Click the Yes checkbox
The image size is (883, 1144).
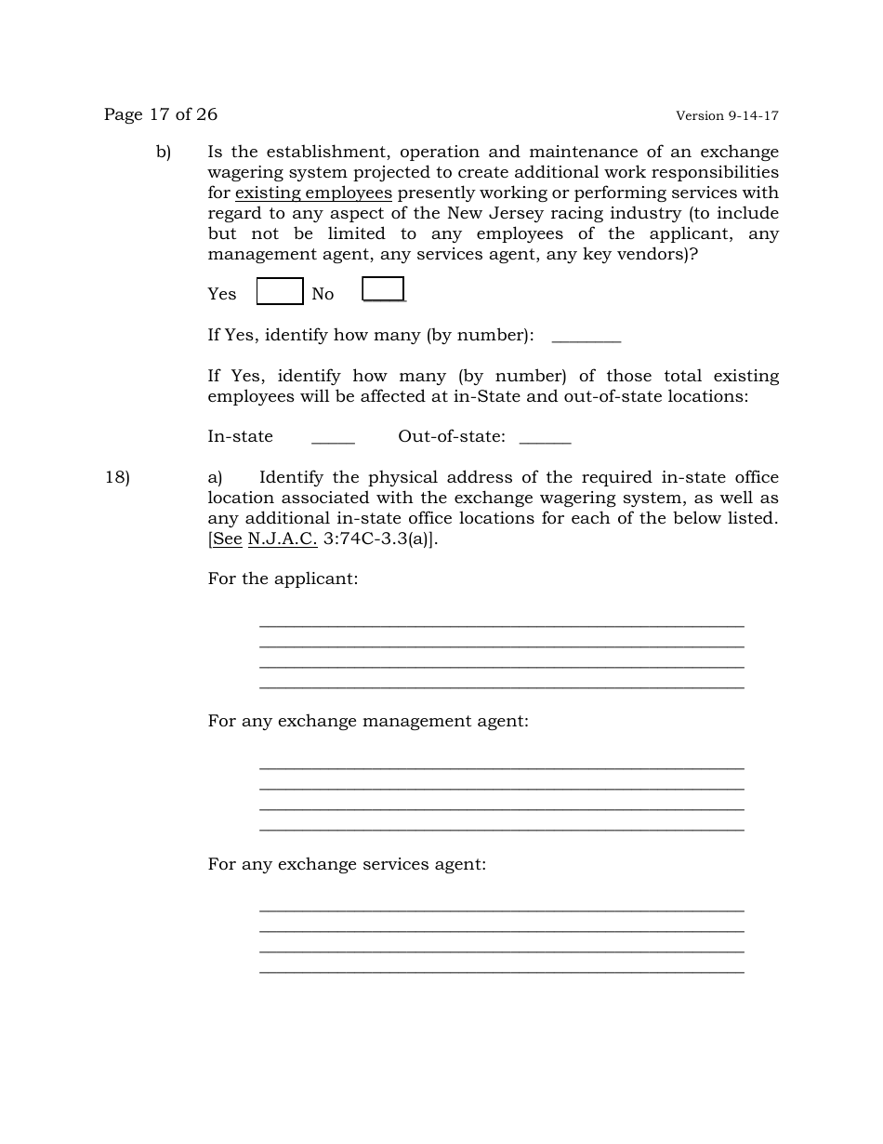click(x=280, y=291)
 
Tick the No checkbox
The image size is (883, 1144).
click(x=383, y=289)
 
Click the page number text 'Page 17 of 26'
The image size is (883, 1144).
click(x=161, y=114)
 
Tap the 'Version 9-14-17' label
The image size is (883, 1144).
click(x=727, y=116)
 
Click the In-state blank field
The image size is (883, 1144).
click(x=333, y=438)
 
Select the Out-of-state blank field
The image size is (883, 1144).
click(x=545, y=438)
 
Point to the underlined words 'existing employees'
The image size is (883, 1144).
click(x=313, y=193)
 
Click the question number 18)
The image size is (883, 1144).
click(x=117, y=477)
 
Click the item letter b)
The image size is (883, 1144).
click(x=164, y=152)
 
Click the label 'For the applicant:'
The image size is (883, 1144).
click(x=283, y=579)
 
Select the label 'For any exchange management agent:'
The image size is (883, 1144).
click(x=368, y=721)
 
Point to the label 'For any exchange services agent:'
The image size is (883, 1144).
click(x=347, y=864)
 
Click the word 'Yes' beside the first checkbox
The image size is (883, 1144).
click(x=222, y=294)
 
